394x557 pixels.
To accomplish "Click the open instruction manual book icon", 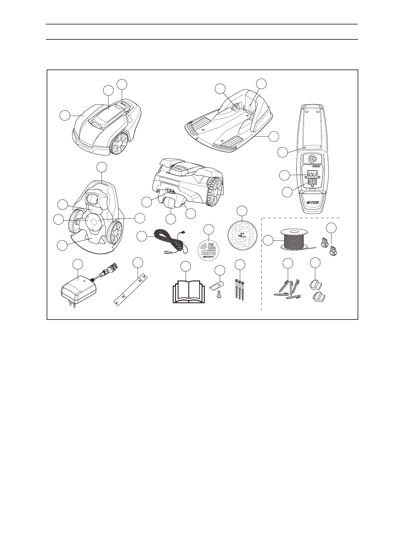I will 188,291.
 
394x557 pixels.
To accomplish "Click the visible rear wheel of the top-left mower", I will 118,143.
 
